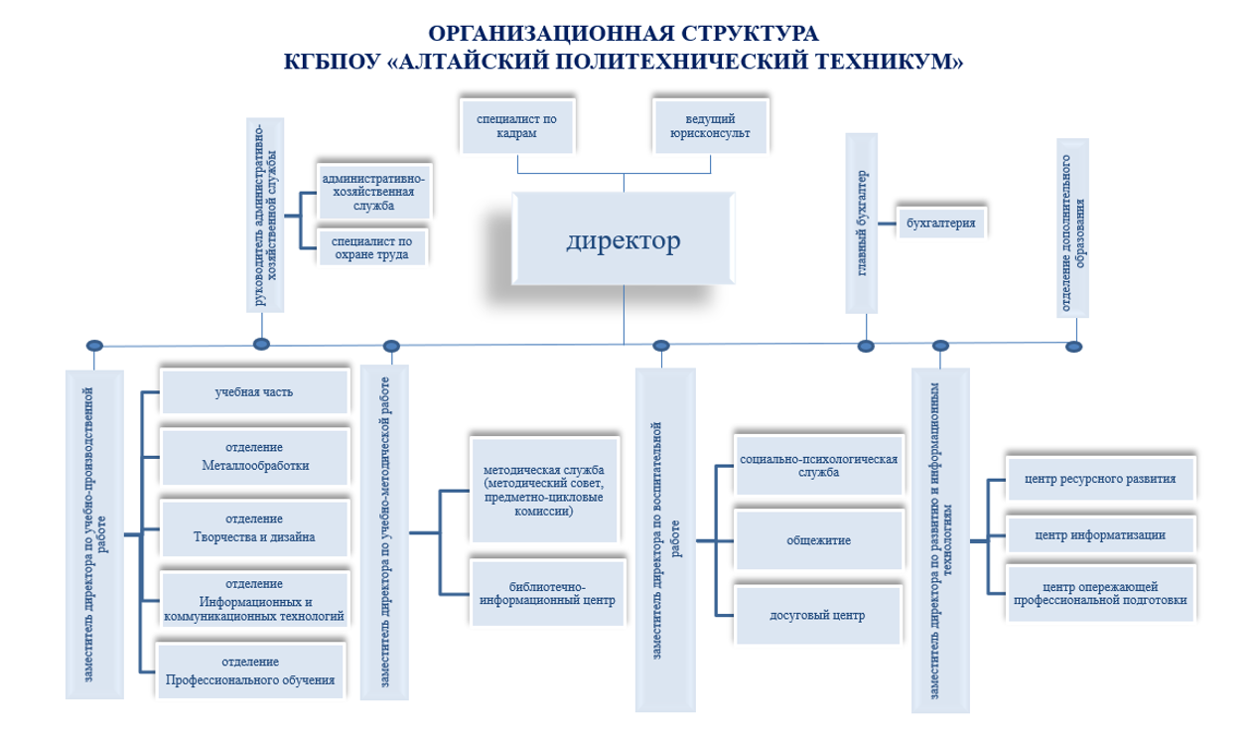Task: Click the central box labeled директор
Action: click(624, 238)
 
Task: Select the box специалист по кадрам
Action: click(517, 126)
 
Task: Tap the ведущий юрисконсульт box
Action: click(711, 126)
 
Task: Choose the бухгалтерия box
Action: click(941, 223)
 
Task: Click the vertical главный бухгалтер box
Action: click(862, 223)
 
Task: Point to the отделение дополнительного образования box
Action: click(1072, 228)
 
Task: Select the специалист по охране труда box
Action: click(372, 247)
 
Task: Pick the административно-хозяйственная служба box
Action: click(373, 192)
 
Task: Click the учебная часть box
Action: click(254, 391)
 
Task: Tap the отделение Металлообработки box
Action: click(255, 457)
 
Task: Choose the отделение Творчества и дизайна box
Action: click(254, 527)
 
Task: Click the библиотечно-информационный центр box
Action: click(547, 593)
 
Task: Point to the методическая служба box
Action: click(544, 490)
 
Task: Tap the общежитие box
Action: click(819, 540)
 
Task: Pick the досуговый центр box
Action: click(817, 615)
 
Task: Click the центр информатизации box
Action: click(1100, 535)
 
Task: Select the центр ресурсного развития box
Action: click(1100, 479)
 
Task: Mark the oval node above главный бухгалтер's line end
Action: click(866, 347)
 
